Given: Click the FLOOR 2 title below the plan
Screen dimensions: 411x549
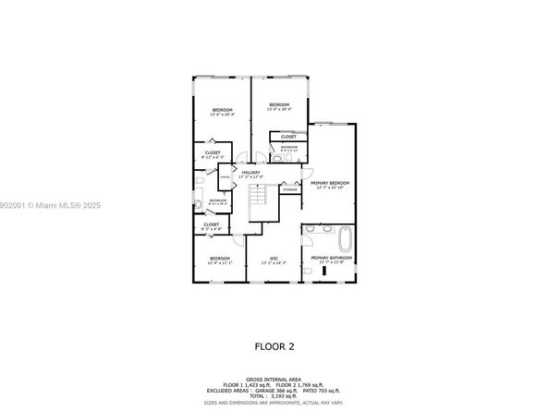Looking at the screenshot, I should tap(274, 348).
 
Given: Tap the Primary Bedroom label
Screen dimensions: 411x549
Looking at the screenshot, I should tap(329, 185).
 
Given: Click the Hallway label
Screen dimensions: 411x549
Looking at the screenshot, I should tap(250, 173).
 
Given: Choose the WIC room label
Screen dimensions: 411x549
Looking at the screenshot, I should tap(274, 260).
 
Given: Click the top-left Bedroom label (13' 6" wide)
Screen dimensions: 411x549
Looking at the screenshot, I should tap(222, 111).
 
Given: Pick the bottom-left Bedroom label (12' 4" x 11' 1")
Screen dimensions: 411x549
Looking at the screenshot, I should tap(220, 260).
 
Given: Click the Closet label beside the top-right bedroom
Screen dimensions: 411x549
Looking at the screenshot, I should tap(288, 136).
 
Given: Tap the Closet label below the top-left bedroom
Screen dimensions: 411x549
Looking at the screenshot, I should tap(213, 154).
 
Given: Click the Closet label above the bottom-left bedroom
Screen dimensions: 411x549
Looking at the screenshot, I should tap(212, 224).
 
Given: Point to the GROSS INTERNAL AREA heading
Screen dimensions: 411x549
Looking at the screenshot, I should tap(274, 379).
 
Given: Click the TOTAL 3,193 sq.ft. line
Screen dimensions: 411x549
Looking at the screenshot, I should tap(274, 396).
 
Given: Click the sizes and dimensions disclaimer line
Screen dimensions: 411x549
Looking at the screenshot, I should tap(274, 404).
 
